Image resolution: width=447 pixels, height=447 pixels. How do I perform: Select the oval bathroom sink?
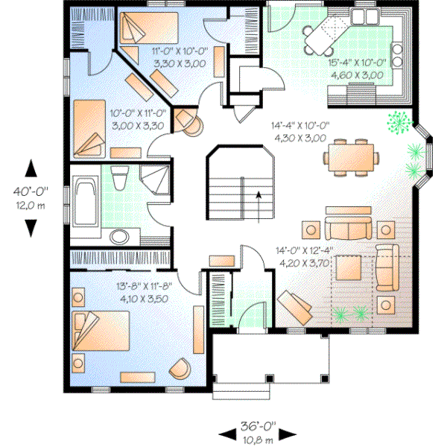[x=118, y=237]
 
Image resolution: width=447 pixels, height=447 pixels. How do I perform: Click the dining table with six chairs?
[x=351, y=156]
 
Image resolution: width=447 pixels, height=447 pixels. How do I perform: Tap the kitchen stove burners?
[x=396, y=56]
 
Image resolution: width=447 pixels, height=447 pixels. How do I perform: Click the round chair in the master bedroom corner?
[x=180, y=368]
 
